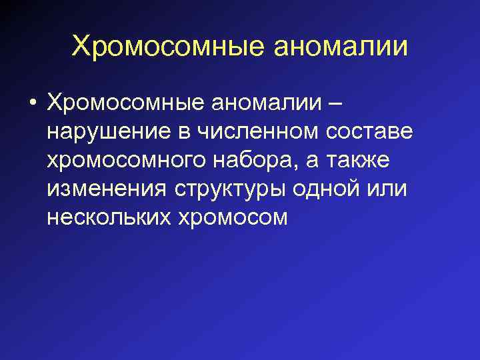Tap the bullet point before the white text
(31, 105)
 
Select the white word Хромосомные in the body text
(128, 105)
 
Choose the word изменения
(107, 189)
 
